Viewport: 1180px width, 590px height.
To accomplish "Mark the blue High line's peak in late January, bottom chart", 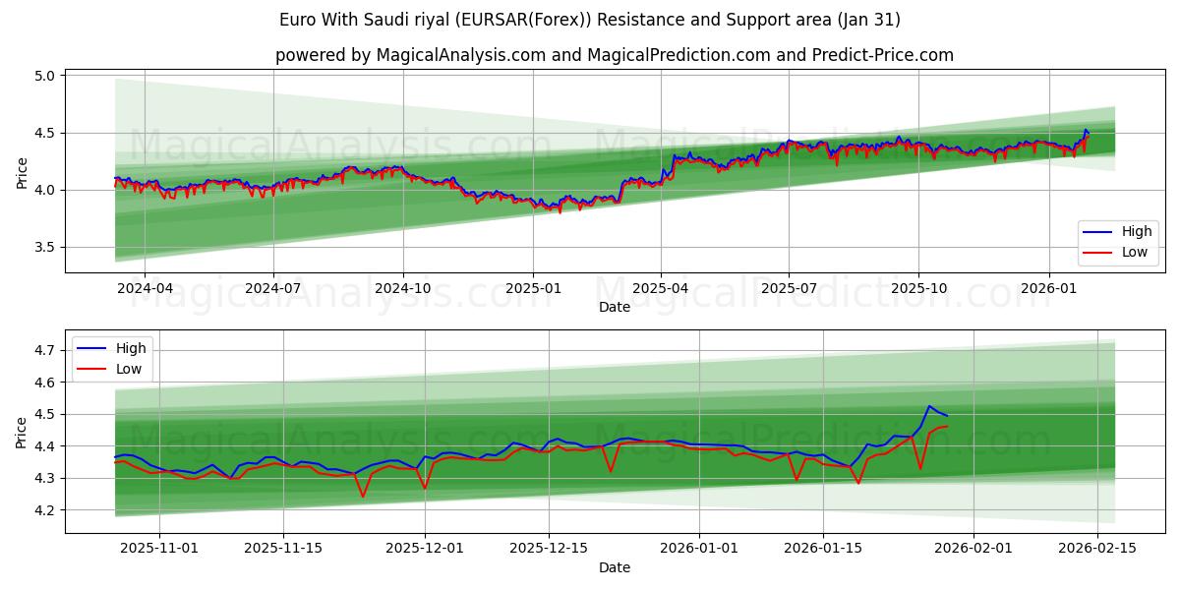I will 929,405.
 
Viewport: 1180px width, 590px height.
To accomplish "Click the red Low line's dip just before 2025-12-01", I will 363,497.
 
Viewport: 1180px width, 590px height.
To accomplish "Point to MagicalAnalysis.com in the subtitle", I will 461,55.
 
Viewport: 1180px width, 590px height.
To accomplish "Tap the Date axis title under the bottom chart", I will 615,567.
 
